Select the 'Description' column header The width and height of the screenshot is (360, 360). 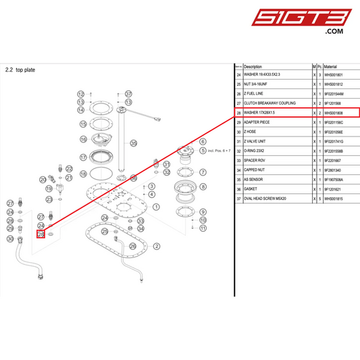pyautogui.click(x=253, y=67)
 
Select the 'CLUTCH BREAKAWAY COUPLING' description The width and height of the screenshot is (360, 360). pyautogui.click(x=270, y=103)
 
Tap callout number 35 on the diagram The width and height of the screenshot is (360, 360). pyautogui.click(x=134, y=143)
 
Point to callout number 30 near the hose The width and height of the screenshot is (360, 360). pyautogui.click(x=10, y=238)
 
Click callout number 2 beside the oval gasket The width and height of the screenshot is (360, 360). pyautogui.click(x=157, y=247)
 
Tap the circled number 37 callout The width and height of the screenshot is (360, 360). pyautogui.click(x=129, y=93)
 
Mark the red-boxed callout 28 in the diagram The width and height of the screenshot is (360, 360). pyautogui.click(x=41, y=234)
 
